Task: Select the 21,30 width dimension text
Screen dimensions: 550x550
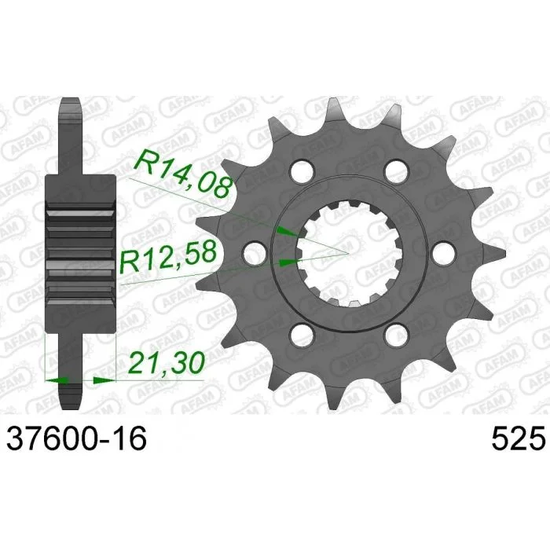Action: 167,362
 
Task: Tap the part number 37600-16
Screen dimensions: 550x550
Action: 76,438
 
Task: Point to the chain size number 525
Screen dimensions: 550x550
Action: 518,438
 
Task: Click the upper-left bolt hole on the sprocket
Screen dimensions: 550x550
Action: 302,170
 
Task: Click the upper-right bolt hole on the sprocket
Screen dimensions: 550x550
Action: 398,170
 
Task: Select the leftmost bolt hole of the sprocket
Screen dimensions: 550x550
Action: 255,253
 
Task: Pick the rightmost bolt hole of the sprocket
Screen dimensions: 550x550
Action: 445,253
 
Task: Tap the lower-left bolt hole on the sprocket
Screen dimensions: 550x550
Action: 302,335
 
